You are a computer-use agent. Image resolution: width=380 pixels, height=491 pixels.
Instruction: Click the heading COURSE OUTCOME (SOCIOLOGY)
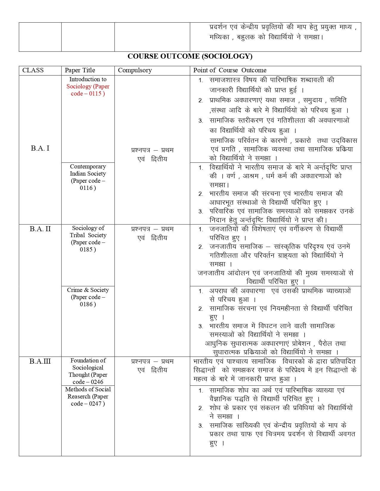click(190, 56)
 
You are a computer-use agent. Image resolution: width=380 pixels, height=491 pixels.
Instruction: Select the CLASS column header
click(33, 71)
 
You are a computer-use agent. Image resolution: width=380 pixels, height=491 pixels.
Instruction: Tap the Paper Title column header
click(80, 71)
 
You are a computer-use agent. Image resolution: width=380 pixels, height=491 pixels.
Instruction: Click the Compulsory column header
click(135, 71)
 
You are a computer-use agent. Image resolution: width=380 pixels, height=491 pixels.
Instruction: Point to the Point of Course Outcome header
click(230, 71)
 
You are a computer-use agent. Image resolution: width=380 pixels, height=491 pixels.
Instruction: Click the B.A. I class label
click(40, 148)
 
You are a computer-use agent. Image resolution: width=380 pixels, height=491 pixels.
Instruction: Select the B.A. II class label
click(40, 229)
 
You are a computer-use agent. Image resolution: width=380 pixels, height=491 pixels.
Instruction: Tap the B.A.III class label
click(40, 362)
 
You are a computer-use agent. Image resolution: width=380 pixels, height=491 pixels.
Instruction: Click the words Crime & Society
click(88, 290)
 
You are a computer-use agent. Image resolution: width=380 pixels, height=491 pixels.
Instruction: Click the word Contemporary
click(88, 167)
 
